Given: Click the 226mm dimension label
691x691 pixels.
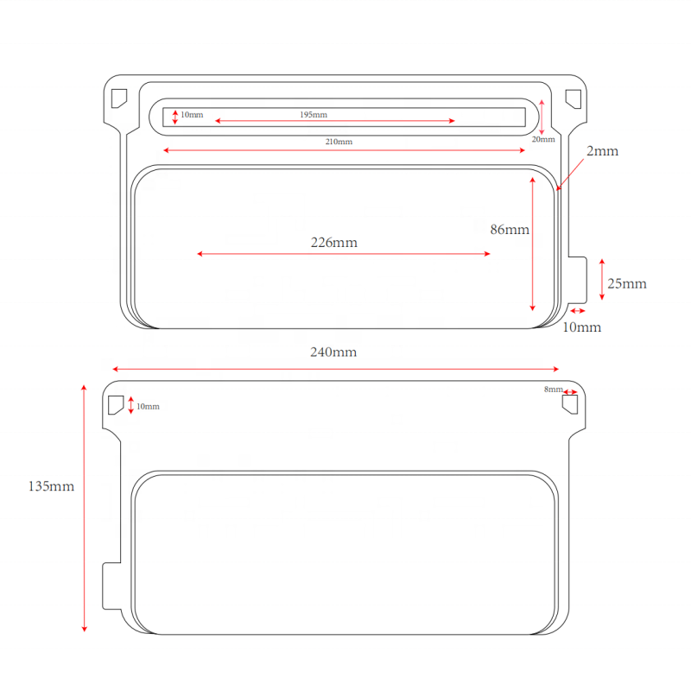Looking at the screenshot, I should (x=333, y=243).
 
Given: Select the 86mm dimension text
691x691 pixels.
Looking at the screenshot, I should (x=510, y=230).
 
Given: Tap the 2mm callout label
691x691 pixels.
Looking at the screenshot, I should (x=603, y=151).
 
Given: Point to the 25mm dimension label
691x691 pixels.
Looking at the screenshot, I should (x=627, y=283).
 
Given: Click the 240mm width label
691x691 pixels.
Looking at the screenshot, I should (x=333, y=352).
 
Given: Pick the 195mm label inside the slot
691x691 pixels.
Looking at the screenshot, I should (x=314, y=115).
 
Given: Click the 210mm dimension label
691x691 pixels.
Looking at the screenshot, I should (x=339, y=142).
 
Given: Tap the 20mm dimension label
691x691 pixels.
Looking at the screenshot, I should (x=543, y=139).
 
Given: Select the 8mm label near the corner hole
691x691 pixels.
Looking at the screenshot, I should (x=553, y=390).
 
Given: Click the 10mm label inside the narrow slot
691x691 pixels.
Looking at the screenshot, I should (x=192, y=115).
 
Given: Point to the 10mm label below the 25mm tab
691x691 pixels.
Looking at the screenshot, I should (x=582, y=327).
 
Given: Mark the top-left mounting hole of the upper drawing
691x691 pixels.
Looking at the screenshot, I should (x=118, y=98).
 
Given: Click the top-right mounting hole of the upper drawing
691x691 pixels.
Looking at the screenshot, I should (x=574, y=98).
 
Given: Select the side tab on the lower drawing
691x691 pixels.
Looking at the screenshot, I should (x=111, y=585).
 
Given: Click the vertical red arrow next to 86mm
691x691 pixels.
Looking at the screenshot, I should (x=533, y=242).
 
